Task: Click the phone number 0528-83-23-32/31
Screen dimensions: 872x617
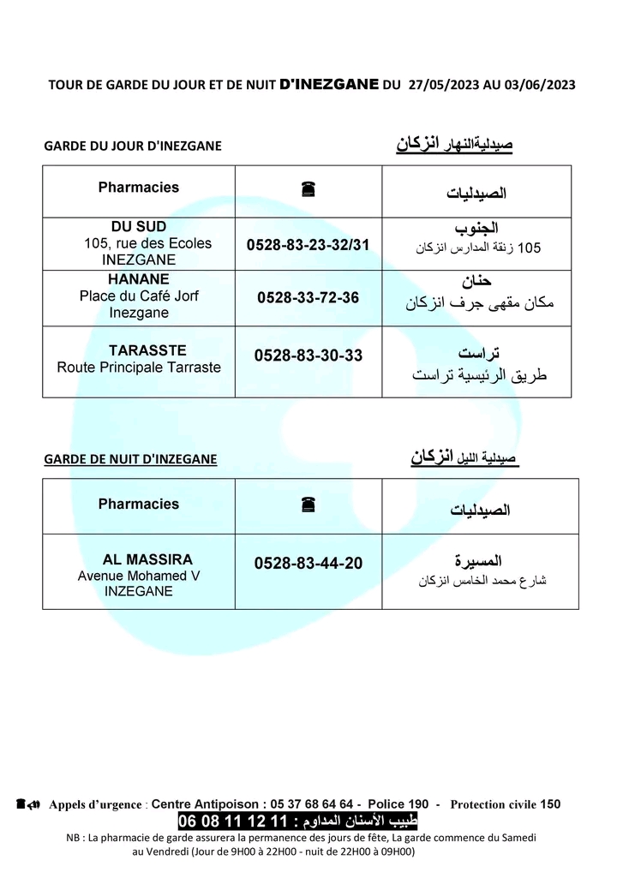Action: pyautogui.click(x=308, y=245)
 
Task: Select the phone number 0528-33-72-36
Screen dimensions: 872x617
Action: pyautogui.click(x=308, y=298)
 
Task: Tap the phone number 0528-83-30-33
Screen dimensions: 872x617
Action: pyautogui.click(x=308, y=355)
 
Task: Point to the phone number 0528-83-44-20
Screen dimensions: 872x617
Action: pyautogui.click(x=308, y=564)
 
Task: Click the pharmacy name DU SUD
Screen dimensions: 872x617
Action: pyautogui.click(x=139, y=226)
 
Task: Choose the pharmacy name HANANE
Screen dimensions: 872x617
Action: pyautogui.click(x=139, y=279)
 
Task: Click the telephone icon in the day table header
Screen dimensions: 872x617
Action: pyautogui.click(x=308, y=191)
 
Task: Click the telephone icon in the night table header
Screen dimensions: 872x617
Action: pyautogui.click(x=308, y=505)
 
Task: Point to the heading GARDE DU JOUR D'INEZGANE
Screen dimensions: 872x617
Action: pyautogui.click(x=132, y=146)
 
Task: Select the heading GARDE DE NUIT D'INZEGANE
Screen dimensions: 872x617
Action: pyautogui.click(x=130, y=459)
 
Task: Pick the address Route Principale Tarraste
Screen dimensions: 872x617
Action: pyautogui.click(x=139, y=367)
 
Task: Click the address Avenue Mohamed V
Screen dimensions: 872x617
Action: pyautogui.click(x=139, y=576)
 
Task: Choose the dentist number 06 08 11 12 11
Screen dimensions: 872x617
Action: pyautogui.click(x=231, y=822)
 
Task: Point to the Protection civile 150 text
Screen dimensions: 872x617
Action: pyautogui.click(x=505, y=803)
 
